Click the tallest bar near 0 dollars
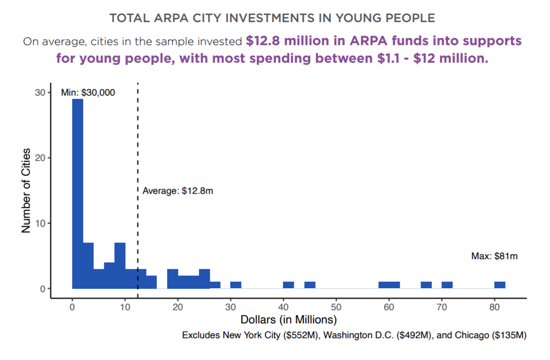78,193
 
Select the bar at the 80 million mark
500,285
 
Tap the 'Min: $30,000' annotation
88,92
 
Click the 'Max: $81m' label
494,256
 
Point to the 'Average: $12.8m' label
178,191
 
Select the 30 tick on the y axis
40,92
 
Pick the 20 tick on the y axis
40,158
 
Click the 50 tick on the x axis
336,307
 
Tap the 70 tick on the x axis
442,307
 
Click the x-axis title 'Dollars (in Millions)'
289,320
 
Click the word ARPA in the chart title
171,18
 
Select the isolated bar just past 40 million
288,285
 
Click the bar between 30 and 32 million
236,285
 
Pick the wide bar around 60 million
389,285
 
